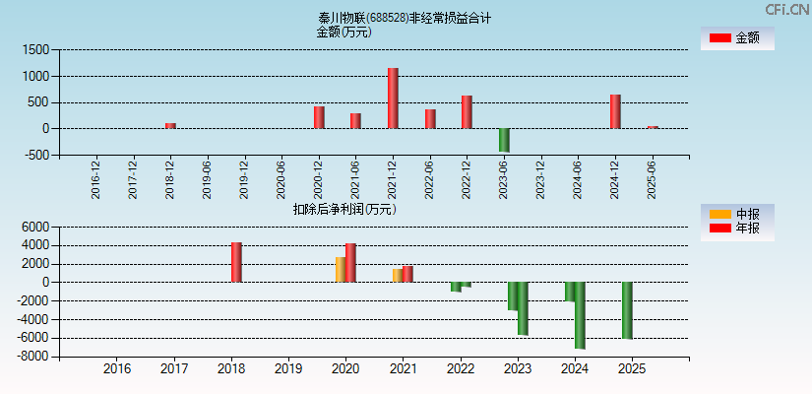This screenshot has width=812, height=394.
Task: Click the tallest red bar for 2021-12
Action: [393, 98]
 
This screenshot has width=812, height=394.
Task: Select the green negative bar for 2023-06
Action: [504, 140]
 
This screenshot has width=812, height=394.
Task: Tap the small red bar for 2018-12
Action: [170, 125]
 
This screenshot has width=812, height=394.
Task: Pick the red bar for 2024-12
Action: [615, 111]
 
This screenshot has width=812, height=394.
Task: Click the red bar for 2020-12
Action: [319, 117]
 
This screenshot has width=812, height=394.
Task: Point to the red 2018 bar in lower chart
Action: [236, 262]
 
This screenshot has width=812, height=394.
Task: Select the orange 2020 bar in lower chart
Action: [341, 270]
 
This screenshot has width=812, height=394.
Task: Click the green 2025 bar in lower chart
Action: [627, 310]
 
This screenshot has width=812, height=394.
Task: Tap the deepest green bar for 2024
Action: [580, 315]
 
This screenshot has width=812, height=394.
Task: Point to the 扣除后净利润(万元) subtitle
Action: [344, 209]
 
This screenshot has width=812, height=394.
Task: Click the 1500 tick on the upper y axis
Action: [35, 49]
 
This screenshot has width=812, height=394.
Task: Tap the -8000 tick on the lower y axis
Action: [33, 358]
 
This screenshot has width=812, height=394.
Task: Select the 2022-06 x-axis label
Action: [429, 180]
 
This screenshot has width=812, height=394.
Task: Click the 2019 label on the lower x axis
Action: [288, 369]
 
